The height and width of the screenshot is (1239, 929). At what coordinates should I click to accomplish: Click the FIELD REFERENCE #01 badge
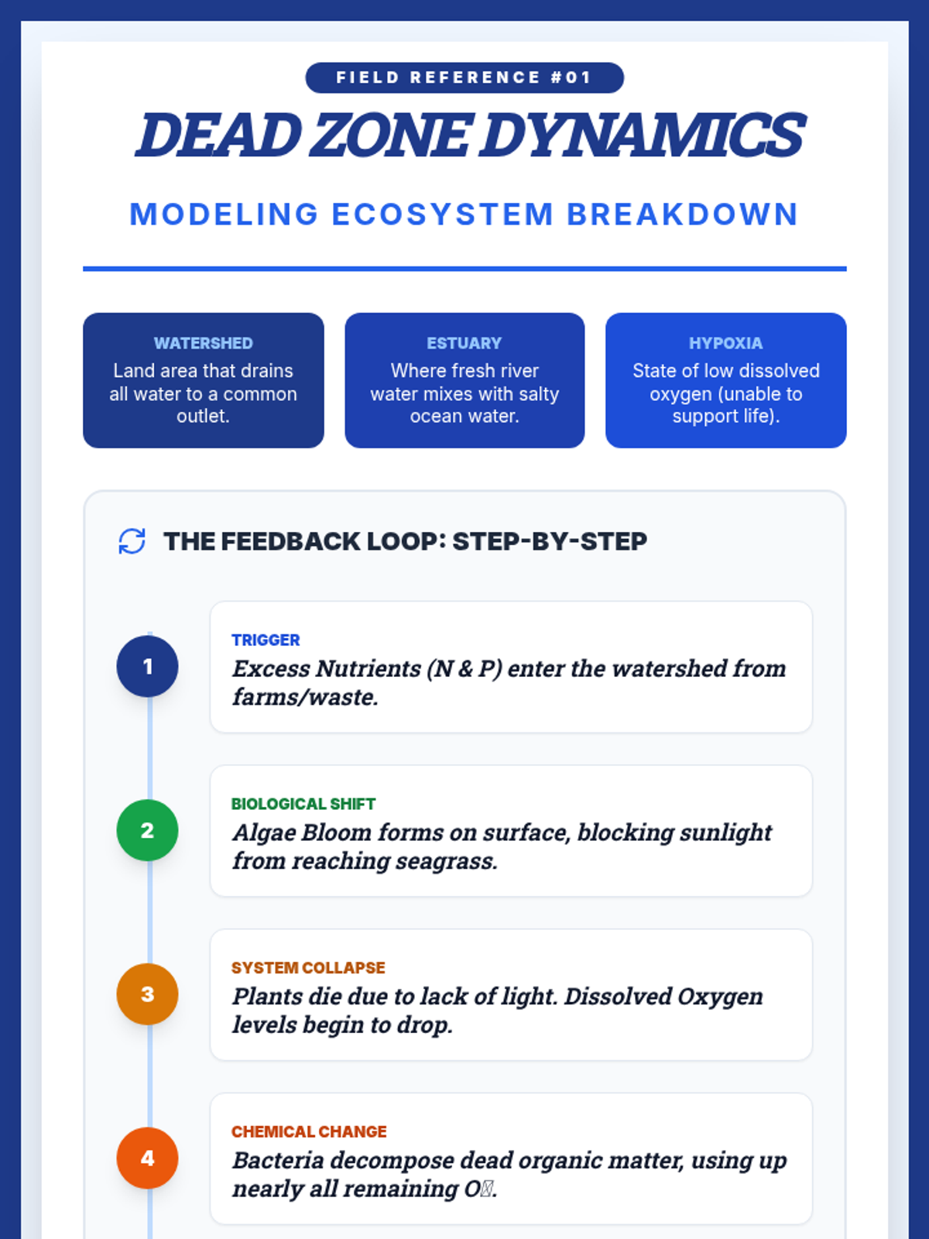pos(464,77)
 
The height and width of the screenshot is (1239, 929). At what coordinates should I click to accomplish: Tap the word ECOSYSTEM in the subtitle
pos(442,215)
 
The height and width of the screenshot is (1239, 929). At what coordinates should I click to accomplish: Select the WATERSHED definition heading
pos(203,343)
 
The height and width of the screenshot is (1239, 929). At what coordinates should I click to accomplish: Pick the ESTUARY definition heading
pos(464,343)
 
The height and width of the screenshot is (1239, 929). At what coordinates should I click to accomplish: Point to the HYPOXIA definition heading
pos(725,343)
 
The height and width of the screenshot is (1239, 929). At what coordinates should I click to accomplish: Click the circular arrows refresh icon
pos(132,541)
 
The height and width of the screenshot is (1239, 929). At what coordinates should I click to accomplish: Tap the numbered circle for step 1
pos(147,666)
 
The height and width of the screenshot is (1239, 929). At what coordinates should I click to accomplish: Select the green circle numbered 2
pos(147,830)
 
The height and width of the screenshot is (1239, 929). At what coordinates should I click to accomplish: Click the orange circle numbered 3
pos(147,994)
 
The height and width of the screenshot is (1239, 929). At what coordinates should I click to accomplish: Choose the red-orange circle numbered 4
pos(147,1158)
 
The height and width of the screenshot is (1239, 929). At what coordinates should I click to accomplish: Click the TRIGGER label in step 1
pos(266,640)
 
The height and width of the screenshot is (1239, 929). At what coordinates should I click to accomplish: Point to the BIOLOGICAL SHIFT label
pos(303,804)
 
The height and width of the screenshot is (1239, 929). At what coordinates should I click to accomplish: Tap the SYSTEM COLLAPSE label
pos(308,968)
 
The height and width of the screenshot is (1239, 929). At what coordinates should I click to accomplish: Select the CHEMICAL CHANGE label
pos(309,1132)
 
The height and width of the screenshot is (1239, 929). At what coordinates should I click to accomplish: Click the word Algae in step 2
pos(263,833)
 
